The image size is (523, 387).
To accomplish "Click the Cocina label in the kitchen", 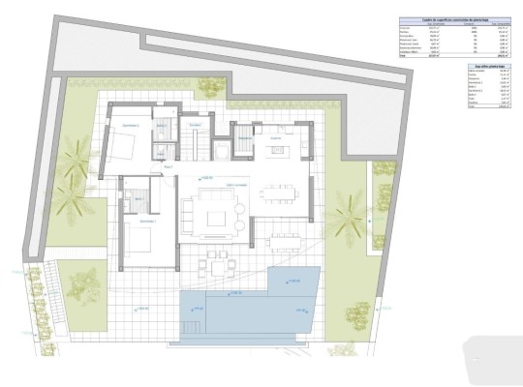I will (x=275, y=138).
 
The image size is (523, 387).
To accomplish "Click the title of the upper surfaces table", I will (x=459, y=20).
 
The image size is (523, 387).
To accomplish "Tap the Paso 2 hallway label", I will (x=168, y=166).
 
